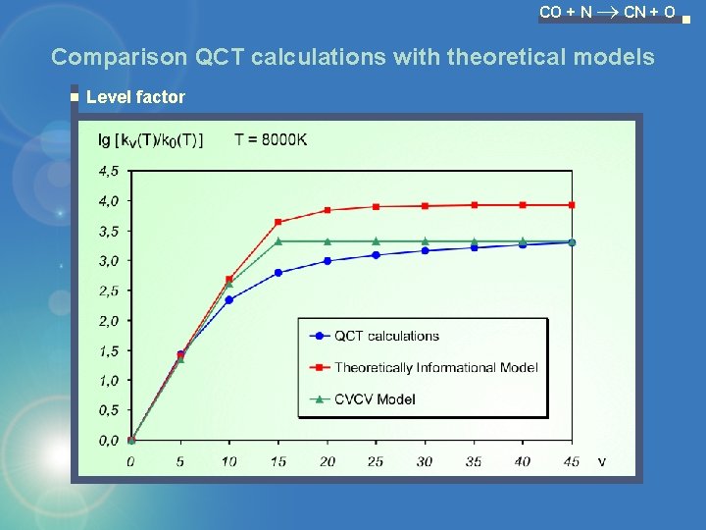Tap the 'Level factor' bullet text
point(135,96)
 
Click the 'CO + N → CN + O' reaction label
point(607,13)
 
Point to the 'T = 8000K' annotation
point(271,139)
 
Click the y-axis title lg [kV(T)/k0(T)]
point(151,139)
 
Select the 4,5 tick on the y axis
point(108,171)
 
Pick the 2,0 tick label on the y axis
point(108,320)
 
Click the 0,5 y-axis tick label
point(108,410)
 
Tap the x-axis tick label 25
point(376,461)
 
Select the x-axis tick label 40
point(523,461)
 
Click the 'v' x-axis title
point(601,460)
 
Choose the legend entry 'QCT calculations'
point(386,336)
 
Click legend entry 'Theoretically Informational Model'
point(435,367)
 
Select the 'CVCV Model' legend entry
point(375,398)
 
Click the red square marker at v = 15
point(278,222)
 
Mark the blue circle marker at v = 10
point(229,299)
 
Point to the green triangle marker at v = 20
point(328,240)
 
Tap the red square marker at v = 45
point(572,205)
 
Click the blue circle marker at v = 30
point(425,250)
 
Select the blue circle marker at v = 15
point(278,272)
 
